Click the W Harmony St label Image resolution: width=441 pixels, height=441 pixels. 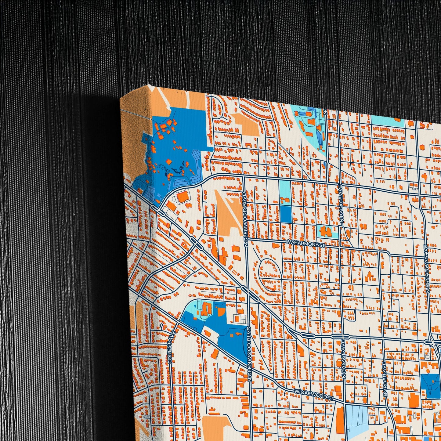tap(306, 243)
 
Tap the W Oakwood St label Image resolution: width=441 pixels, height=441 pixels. tap(313, 394)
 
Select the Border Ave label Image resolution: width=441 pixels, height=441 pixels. tap(385, 379)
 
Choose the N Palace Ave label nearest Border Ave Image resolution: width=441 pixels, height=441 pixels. tap(344, 359)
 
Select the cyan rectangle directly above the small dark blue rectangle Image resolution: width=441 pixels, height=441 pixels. tap(285, 189)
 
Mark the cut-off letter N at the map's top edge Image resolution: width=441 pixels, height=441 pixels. tap(326, 112)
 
